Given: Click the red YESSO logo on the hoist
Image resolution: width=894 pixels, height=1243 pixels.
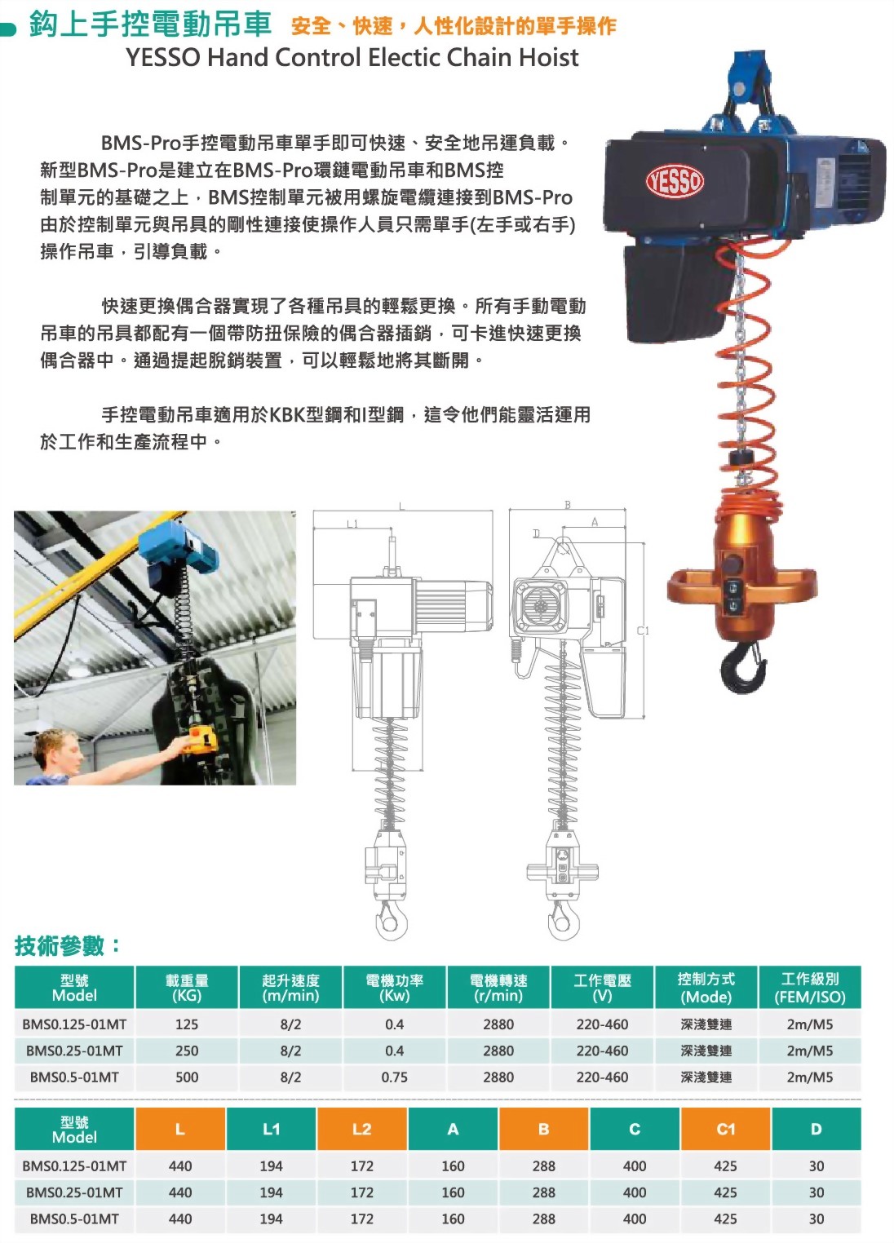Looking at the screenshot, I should (x=675, y=180).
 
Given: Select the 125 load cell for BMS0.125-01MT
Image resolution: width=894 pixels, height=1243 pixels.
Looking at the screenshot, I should (x=187, y=1024).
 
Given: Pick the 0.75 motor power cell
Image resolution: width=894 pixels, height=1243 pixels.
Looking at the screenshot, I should (x=394, y=1077).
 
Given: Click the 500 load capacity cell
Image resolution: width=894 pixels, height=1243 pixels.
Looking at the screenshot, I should (x=187, y=1077).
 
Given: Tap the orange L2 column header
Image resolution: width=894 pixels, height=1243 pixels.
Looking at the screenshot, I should (x=361, y=1130).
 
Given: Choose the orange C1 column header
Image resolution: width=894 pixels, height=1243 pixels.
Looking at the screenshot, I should (x=725, y=1130).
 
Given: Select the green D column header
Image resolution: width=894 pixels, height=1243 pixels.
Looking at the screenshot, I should (x=816, y=1130).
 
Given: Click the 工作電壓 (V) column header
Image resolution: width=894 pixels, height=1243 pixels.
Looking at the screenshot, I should (x=602, y=988).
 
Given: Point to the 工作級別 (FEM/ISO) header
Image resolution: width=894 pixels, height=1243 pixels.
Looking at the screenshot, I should (x=809, y=988).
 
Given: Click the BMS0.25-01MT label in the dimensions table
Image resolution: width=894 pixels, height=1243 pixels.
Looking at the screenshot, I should (x=74, y=1192).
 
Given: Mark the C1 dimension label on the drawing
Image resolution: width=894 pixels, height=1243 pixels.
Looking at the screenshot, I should (x=643, y=630).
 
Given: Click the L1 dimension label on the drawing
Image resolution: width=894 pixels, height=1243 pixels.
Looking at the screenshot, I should (x=352, y=524).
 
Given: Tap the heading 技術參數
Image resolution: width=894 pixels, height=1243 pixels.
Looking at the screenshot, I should (x=68, y=946).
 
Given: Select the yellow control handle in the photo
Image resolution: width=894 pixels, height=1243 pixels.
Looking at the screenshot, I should (x=200, y=741).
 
